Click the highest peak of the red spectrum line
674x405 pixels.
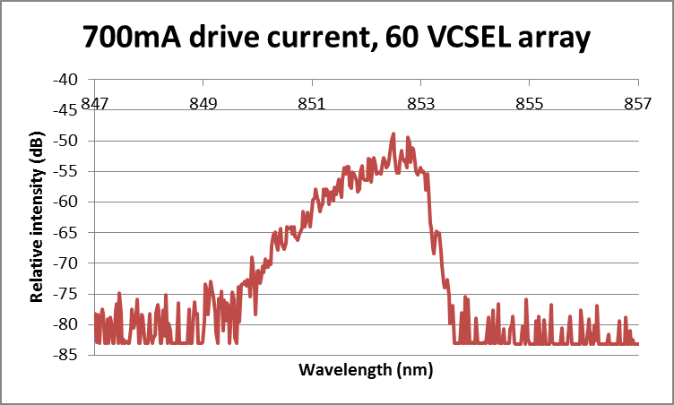393,134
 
